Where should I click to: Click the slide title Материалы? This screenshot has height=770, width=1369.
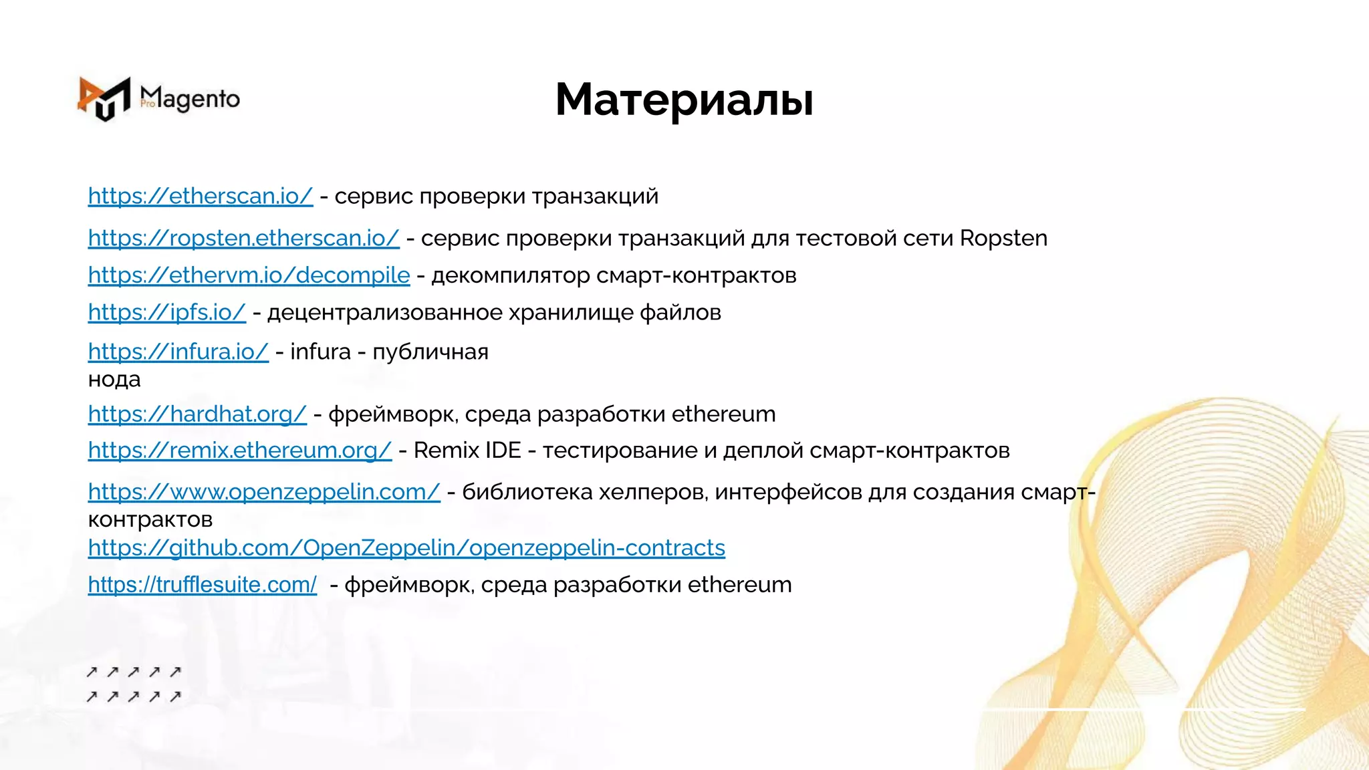(684, 100)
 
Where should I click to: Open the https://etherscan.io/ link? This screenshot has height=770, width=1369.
(200, 197)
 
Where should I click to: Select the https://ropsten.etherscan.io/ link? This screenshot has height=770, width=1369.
(243, 239)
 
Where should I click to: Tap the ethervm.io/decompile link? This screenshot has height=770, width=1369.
(249, 275)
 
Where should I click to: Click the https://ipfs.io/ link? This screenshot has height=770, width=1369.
(166, 313)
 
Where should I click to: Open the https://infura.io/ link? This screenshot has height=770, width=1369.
(178, 352)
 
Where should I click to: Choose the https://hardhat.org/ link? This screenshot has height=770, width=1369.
(197, 414)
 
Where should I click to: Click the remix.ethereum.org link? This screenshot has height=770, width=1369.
(239, 451)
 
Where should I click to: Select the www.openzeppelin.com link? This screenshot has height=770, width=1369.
(264, 492)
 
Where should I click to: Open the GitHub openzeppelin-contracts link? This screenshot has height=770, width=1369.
(406, 548)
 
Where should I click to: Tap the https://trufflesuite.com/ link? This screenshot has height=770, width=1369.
(202, 585)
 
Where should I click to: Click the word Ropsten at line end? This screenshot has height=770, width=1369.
(1003, 239)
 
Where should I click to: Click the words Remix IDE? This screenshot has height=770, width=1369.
(467, 451)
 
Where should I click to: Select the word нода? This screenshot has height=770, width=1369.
(114, 380)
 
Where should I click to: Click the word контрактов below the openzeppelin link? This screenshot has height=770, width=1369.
(150, 519)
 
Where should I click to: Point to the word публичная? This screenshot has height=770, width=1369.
(430, 352)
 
